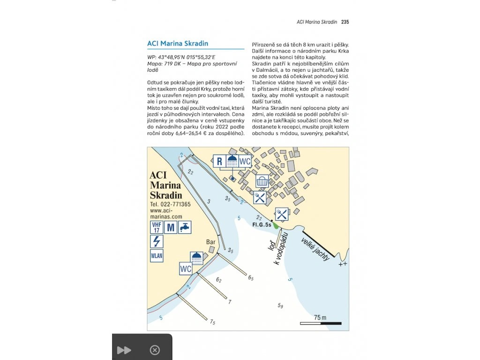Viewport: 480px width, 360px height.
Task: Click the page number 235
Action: click(x=345, y=22)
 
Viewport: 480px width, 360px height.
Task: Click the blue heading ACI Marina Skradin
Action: click(x=178, y=44)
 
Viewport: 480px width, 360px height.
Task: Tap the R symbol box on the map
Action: click(x=219, y=161)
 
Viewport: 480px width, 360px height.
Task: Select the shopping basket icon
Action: click(x=262, y=181)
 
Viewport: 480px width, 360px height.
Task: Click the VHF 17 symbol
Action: click(x=156, y=227)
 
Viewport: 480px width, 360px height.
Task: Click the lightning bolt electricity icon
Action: click(x=156, y=241)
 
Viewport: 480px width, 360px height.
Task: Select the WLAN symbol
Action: click(x=156, y=256)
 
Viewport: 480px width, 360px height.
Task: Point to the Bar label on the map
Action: click(x=211, y=242)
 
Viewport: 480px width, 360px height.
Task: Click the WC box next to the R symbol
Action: click(x=245, y=161)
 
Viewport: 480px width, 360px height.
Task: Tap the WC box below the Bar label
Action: click(x=186, y=270)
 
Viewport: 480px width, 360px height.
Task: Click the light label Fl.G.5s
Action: click(x=262, y=225)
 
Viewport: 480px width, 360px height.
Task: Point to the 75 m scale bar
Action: click(x=320, y=323)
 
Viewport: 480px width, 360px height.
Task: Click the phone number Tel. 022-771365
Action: click(x=170, y=205)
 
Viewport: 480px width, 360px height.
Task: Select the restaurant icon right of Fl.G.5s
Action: click(x=281, y=214)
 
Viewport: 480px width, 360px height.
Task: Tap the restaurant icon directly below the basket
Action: click(x=260, y=197)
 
